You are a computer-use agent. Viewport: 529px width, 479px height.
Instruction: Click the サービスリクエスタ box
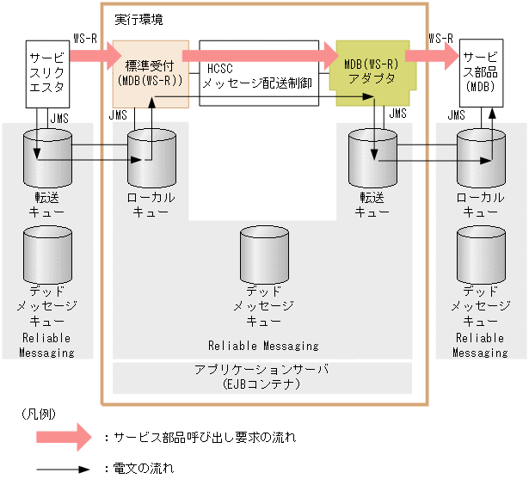pyautogui.click(x=46, y=73)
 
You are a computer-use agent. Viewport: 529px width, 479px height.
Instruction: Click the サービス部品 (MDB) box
pyautogui.click(x=481, y=73)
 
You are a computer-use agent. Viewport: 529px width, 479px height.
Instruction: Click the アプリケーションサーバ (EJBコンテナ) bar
pyautogui.click(x=262, y=377)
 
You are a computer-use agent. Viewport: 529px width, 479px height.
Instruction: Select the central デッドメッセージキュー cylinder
pyautogui.click(x=263, y=250)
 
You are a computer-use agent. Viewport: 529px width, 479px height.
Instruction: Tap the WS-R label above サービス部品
pyautogui.click(x=440, y=38)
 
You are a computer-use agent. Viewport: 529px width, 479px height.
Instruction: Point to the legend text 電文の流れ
pyautogui.click(x=143, y=469)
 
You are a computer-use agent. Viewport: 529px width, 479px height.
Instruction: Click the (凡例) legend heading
pyautogui.click(x=38, y=414)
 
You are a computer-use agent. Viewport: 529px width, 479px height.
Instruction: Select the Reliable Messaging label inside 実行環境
pyautogui.click(x=263, y=346)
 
